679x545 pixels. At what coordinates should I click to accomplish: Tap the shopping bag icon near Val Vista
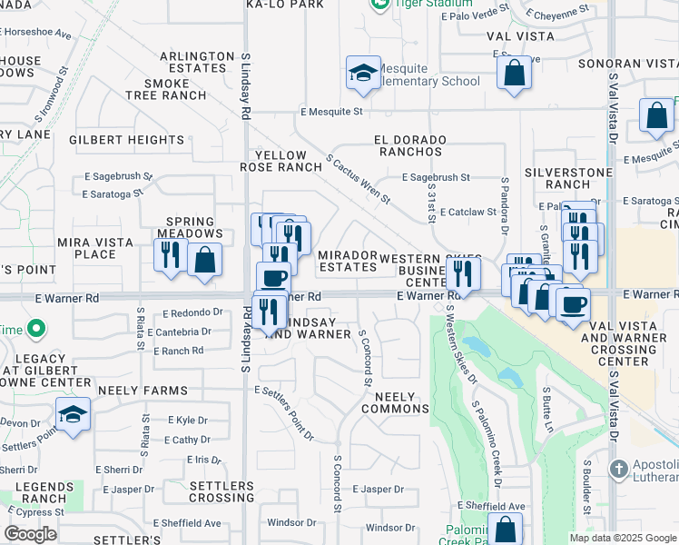515,74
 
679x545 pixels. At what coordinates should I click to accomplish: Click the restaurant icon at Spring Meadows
170,254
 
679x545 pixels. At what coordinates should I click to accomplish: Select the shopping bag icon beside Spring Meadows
205,259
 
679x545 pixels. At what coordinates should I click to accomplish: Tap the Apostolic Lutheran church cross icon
619,470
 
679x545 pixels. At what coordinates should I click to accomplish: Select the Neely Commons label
395,402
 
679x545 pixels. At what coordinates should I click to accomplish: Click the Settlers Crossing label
222,491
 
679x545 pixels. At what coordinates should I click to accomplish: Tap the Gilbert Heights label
127,140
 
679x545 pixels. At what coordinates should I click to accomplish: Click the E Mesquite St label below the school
331,112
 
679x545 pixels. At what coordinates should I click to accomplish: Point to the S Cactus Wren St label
358,177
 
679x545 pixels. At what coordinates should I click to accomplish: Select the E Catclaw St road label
468,212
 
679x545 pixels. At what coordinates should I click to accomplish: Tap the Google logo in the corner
31,534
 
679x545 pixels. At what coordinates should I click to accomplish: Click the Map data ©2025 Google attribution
622,538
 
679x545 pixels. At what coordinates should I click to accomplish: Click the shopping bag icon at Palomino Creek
505,529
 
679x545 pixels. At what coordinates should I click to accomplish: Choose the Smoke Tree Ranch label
166,89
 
